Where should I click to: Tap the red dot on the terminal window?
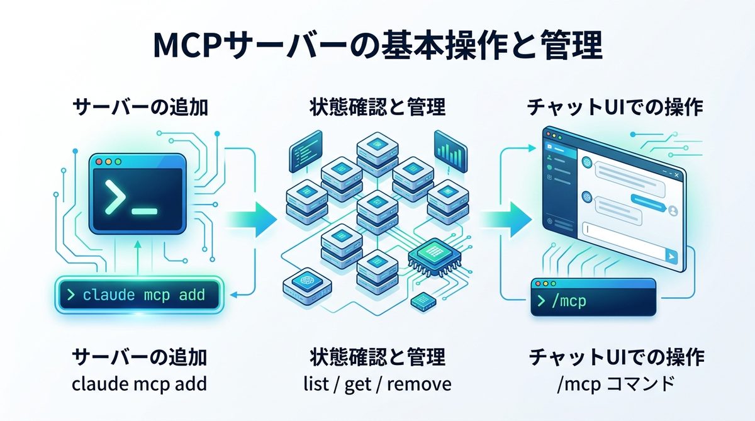(99, 162)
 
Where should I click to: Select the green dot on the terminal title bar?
(118, 162)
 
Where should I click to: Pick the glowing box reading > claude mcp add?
(138, 294)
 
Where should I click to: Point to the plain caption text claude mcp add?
(138, 384)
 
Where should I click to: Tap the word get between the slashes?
(357, 384)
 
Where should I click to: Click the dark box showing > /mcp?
(593, 300)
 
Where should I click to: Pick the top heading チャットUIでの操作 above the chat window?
(615, 108)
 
